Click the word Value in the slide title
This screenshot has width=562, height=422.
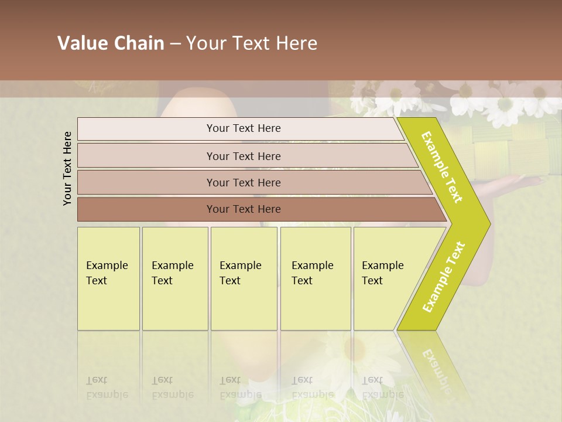81,43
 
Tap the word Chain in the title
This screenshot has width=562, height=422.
138,43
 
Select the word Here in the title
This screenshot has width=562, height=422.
296,43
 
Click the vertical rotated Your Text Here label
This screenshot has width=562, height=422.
67,168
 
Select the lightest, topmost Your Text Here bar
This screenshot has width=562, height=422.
244,128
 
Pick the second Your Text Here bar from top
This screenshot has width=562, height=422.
244,156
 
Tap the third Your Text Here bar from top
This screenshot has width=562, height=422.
244,182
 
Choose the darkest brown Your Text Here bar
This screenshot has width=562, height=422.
244,209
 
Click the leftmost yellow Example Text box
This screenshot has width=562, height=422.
108,278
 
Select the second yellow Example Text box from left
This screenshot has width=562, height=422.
174,278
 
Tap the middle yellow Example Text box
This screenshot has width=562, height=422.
244,278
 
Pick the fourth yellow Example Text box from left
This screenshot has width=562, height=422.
316,278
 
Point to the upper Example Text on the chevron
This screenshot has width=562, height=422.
443,167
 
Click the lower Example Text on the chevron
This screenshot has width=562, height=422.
444,277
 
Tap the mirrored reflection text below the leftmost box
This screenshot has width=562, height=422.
107,387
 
